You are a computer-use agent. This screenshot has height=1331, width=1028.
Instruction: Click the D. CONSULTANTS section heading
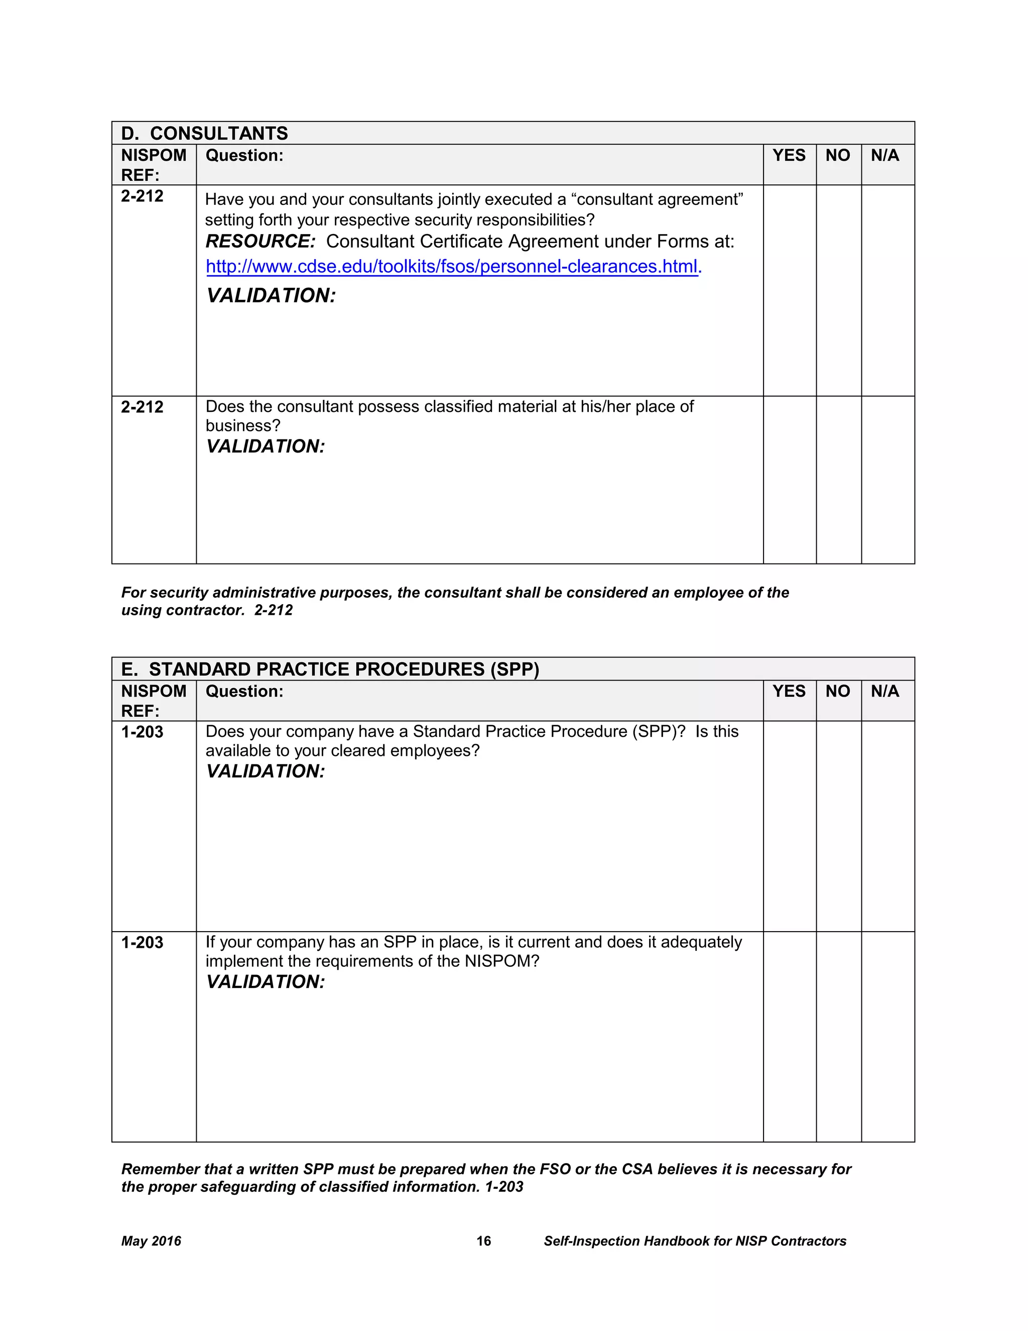coord(205,134)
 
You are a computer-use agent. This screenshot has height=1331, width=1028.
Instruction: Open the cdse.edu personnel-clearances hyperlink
coord(453,267)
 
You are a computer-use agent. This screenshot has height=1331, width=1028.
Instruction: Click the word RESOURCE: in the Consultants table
coord(261,241)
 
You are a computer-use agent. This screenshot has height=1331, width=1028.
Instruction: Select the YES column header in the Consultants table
coord(789,155)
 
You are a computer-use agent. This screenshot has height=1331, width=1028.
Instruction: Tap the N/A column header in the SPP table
coord(884,691)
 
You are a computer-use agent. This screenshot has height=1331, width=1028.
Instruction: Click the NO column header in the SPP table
coord(837,691)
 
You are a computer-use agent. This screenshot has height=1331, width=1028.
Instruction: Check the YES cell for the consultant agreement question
coord(789,290)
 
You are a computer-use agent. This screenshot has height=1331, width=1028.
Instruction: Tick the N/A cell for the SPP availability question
coord(887,826)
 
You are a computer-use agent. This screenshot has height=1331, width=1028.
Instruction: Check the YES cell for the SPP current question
coord(789,1036)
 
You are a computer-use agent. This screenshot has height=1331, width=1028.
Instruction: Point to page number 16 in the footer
coord(483,1241)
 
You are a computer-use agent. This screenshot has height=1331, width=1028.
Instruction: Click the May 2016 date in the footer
coord(151,1241)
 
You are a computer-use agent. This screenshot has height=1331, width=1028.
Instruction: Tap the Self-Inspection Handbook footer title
coord(694,1241)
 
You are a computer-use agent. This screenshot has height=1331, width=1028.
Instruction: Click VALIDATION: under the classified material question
coord(266,447)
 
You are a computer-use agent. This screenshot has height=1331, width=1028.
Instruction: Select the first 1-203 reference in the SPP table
coord(142,732)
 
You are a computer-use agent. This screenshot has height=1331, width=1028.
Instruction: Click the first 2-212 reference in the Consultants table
coord(142,196)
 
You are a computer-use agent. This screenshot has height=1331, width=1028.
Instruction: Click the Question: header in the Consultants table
coord(244,155)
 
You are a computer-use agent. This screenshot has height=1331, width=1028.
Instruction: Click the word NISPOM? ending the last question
coord(502,961)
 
